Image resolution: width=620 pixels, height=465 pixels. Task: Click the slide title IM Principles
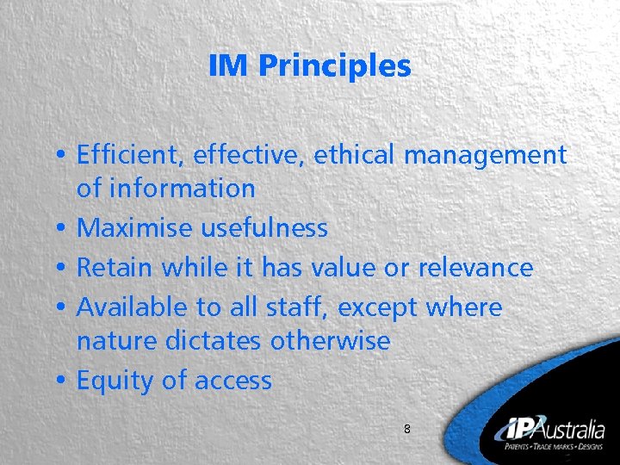coord(310,65)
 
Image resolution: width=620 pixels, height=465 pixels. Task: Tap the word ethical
coord(354,155)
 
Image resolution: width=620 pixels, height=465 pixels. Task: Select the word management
coord(485,157)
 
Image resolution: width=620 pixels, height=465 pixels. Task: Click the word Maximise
coord(135,227)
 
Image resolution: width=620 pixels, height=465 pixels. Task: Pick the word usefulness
coord(264,227)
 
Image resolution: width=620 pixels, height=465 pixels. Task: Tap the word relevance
coord(475,267)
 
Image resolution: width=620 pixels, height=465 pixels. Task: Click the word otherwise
coord(330,341)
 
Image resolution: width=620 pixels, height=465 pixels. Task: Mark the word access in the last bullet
coord(233,381)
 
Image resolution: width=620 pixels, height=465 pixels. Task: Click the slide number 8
coord(407,428)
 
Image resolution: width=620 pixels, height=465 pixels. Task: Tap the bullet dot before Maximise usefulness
coord(64,229)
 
